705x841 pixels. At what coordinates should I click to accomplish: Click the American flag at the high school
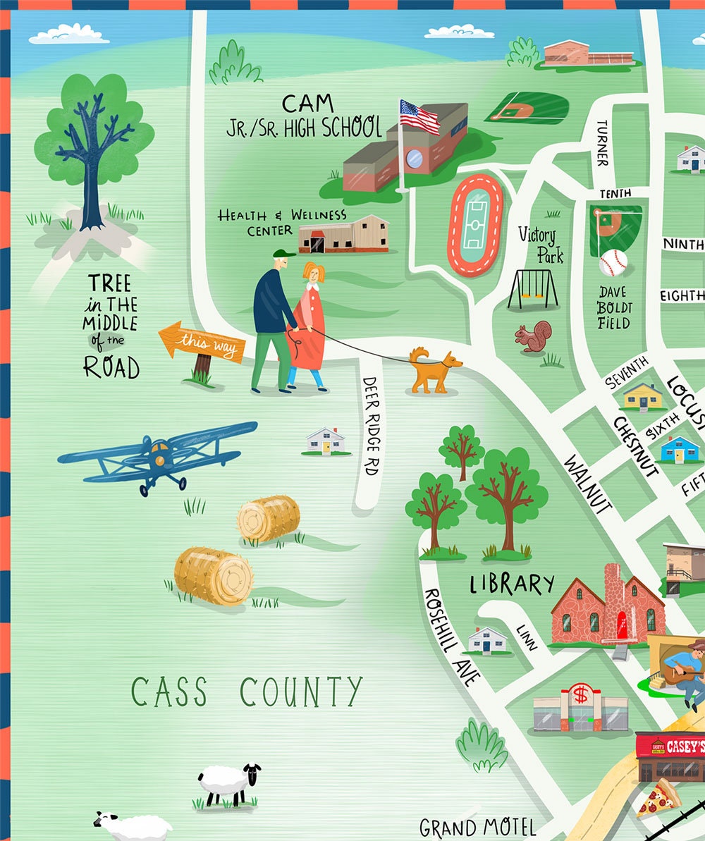point(419,116)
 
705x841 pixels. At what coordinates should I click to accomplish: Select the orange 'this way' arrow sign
point(202,343)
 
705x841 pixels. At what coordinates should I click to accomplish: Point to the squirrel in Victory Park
point(533,337)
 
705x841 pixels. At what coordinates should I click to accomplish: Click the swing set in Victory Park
point(533,289)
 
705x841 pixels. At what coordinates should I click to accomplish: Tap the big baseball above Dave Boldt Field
point(613,263)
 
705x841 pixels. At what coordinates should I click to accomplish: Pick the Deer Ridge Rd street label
point(372,425)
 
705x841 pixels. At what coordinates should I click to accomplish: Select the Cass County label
point(247,692)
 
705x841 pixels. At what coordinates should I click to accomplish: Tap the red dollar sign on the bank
point(581,694)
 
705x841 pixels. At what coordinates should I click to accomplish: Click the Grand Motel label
point(477,827)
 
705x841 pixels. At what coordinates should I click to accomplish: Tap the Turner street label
point(601,143)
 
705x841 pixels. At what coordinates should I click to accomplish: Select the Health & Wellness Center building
point(343,235)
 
